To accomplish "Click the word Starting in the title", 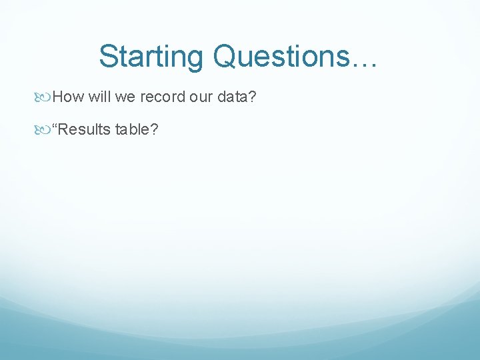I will [151, 57].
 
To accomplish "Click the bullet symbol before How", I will [45, 97].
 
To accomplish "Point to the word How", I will [68, 97].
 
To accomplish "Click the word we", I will [125, 97].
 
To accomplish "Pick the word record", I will [163, 97].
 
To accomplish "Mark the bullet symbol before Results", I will [45, 129].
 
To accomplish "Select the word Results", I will [85, 129].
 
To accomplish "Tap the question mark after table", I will [155, 129].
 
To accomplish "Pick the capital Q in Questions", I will [224, 57].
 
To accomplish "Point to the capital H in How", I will [59, 97].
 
